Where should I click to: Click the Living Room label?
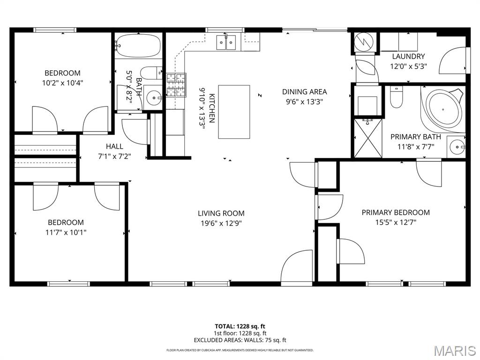pyautogui.click(x=221, y=213)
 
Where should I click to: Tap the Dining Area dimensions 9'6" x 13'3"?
pyautogui.click(x=305, y=102)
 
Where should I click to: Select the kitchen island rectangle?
pyautogui.click(x=234, y=112)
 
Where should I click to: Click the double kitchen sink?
pyautogui.click(x=226, y=42)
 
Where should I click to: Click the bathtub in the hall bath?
pyautogui.click(x=139, y=45)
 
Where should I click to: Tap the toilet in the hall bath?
pyautogui.click(x=151, y=73)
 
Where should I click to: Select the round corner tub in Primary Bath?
pyautogui.click(x=443, y=109)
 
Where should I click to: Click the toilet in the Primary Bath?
pyautogui.click(x=397, y=97)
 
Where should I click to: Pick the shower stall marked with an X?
pyautogui.click(x=368, y=138)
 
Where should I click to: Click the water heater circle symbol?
pyautogui.click(x=364, y=42)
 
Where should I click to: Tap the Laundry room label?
pyautogui.click(x=408, y=56)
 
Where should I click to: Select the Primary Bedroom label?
pyautogui.click(x=396, y=212)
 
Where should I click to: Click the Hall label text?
pyautogui.click(x=114, y=146)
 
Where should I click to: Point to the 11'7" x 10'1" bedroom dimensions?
pyautogui.click(x=66, y=232)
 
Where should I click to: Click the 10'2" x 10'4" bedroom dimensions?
pyautogui.click(x=63, y=82)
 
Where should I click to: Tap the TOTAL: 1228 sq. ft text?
pyautogui.click(x=240, y=326)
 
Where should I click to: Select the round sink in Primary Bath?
pyautogui.click(x=457, y=147)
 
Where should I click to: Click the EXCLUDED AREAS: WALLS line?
pyautogui.click(x=240, y=340)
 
